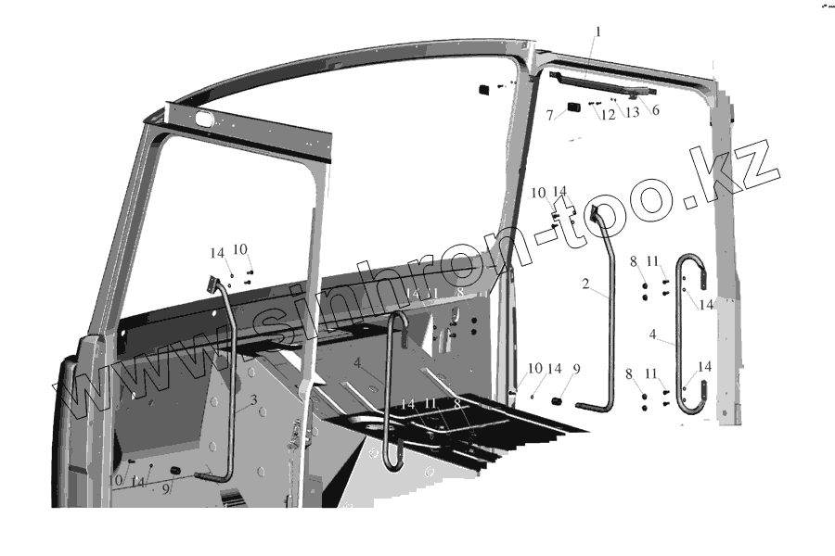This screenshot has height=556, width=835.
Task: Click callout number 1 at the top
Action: point(598,32)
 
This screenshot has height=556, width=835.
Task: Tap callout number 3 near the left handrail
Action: point(253,402)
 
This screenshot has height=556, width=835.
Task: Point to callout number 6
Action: point(655,110)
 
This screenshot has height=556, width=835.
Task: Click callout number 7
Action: point(550,115)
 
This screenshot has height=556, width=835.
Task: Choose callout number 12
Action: point(609,115)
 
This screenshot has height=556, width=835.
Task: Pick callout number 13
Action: point(633,113)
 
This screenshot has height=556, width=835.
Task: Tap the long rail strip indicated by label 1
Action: point(594,82)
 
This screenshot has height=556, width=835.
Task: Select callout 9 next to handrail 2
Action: point(576,370)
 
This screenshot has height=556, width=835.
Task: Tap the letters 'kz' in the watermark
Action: point(748,171)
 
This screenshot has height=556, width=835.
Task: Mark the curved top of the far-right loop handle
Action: point(692,258)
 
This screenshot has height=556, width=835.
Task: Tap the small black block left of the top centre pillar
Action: point(484,88)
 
